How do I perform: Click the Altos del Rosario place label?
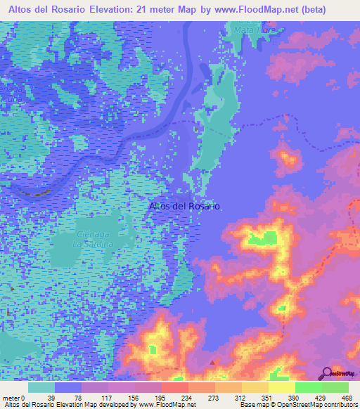[185, 207]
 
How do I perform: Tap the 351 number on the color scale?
[269, 398]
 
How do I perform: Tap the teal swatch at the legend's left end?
[41, 387]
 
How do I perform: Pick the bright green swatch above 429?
[308, 387]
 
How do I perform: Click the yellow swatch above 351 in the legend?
[255, 387]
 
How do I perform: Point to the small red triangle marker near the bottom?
[213, 363]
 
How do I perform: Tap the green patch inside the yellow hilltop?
[262, 239]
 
